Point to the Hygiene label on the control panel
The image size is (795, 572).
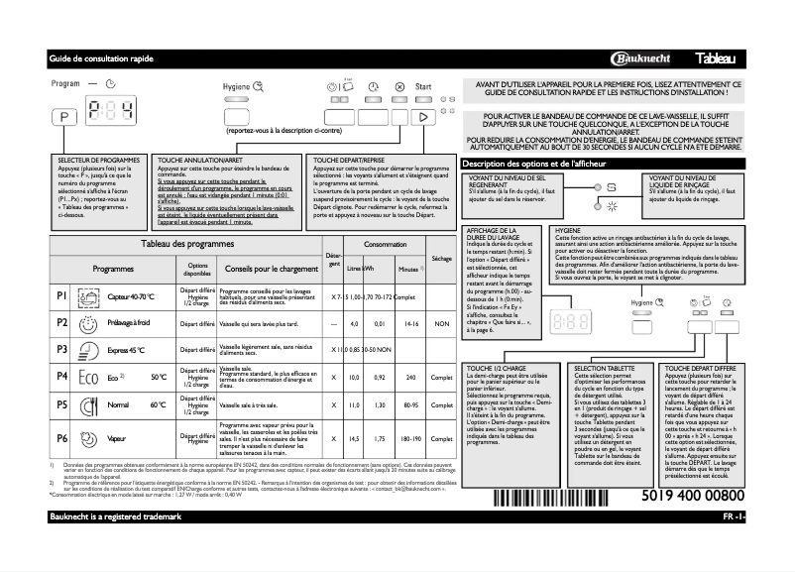pos(237,87)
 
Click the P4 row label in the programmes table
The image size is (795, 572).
pos(61,378)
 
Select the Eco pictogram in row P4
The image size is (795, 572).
pos(88,378)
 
